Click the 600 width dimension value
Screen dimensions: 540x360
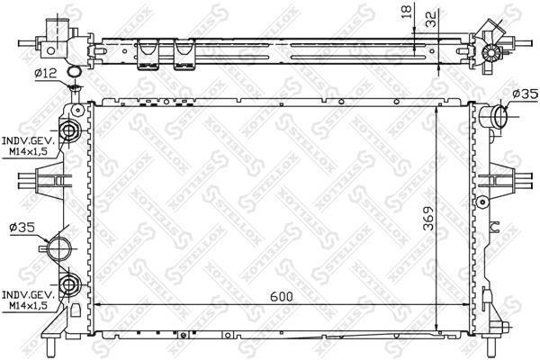click(282, 296)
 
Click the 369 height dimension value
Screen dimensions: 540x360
click(428, 219)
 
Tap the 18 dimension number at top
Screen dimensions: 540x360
click(407, 12)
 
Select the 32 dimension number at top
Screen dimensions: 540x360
click(431, 19)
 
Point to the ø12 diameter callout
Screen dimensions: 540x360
click(46, 73)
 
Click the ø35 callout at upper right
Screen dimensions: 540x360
click(525, 94)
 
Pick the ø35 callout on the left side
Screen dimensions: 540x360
click(22, 228)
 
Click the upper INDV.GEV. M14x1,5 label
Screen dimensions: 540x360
click(28, 146)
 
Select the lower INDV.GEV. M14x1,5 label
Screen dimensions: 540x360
click(28, 300)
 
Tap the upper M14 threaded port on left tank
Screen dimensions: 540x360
click(69, 130)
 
